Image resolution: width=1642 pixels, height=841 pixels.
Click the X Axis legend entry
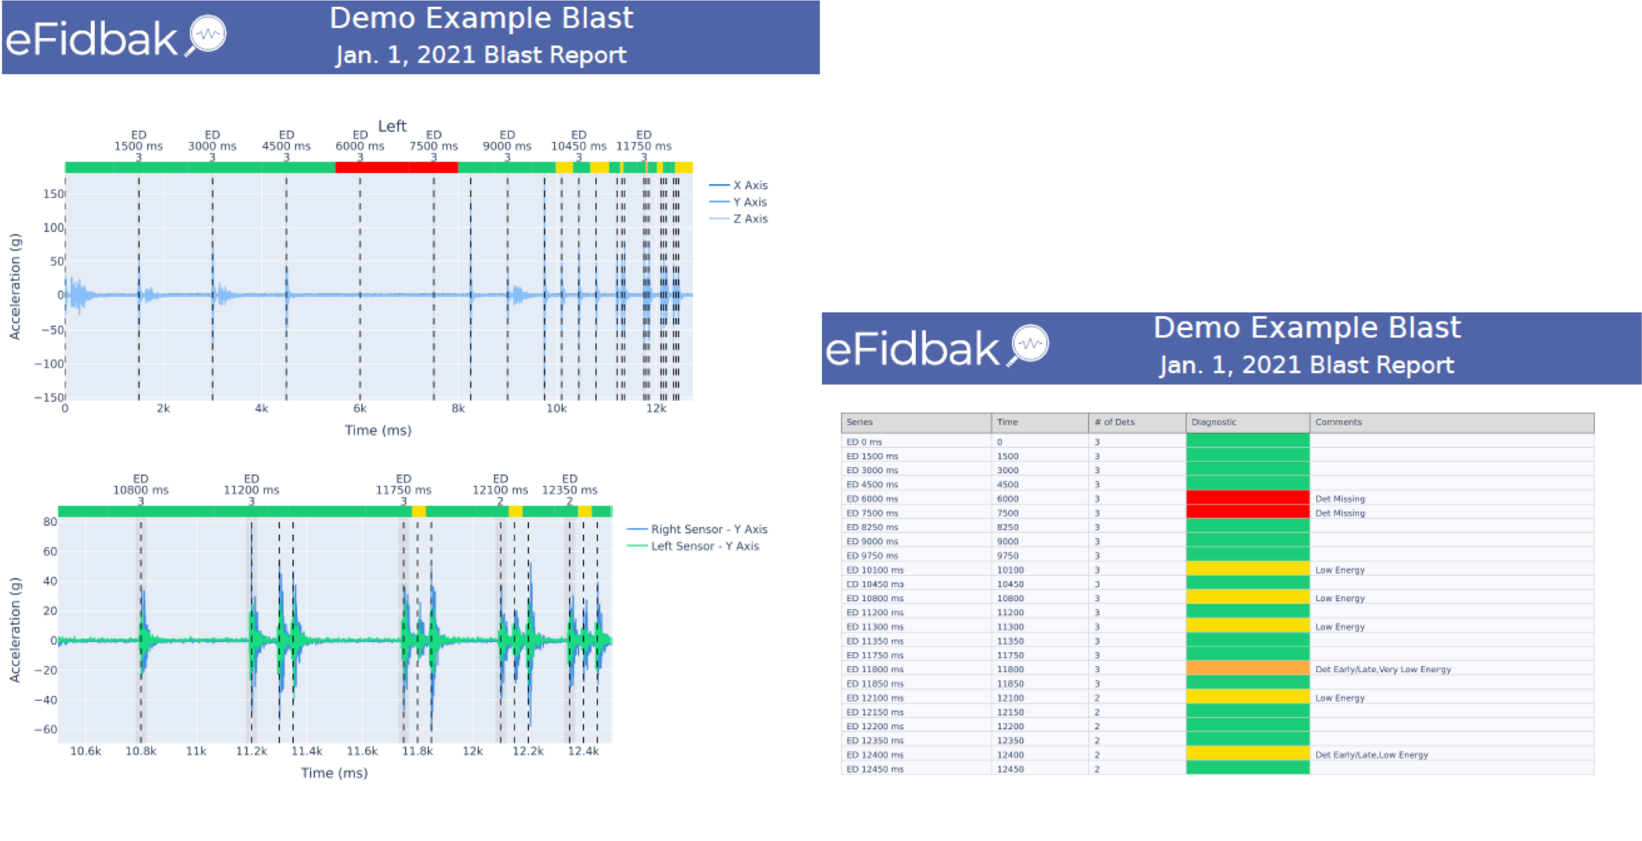coord(750,185)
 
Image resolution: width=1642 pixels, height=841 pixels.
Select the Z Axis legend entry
coord(750,218)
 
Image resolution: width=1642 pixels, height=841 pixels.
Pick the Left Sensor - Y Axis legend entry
coord(705,546)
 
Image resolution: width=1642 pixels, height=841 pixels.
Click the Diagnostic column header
coord(1214,422)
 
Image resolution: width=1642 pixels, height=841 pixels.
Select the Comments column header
coord(1338,422)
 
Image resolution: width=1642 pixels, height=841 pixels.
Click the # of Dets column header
coord(1114,422)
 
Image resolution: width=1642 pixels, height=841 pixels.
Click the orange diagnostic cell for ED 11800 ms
coord(1247,669)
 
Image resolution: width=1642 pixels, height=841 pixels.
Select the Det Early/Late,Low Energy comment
coord(1371,755)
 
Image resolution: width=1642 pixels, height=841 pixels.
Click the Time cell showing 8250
coord(1008,527)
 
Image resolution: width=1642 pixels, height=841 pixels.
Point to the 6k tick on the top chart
coord(359,408)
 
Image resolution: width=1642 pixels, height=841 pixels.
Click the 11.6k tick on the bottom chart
coord(362,751)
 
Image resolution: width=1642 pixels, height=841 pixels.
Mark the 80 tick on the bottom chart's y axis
coord(50,522)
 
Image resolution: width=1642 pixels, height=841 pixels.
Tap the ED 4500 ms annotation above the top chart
coord(286,141)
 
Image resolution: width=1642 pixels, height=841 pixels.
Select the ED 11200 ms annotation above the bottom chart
coord(251,485)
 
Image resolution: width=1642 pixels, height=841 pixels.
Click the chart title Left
coord(392,126)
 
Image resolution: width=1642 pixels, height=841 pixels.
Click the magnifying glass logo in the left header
coord(207,34)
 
